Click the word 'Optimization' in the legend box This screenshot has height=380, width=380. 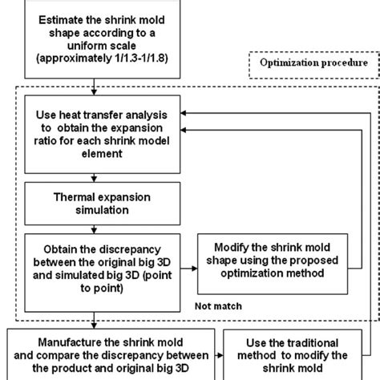[287, 62]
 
